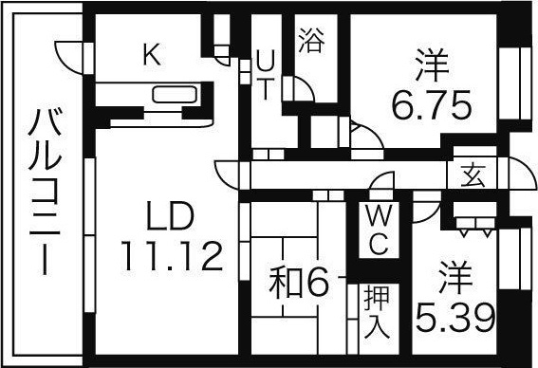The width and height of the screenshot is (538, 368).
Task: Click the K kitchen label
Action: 151,54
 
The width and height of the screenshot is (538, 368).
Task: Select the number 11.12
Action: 171,253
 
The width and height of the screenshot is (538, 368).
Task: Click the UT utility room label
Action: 266,74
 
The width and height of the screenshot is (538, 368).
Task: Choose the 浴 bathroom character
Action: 309,41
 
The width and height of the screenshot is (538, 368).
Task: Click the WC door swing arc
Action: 381,186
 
